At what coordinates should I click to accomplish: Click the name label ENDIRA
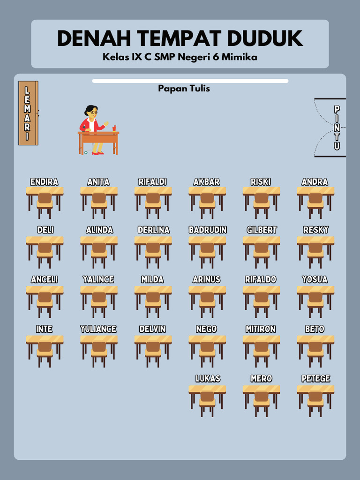44,182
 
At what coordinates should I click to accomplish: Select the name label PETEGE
315,378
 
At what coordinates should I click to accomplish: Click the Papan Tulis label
184,89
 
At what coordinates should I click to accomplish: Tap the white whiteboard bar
190,81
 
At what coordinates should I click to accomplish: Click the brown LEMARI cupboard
28,113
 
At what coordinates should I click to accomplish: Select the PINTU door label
337,127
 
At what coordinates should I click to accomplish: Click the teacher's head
91,112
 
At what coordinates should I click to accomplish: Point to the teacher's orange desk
98,138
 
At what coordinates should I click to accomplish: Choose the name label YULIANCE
98,329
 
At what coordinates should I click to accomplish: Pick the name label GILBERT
262,230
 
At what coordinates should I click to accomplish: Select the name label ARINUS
207,279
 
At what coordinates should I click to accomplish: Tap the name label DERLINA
153,230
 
